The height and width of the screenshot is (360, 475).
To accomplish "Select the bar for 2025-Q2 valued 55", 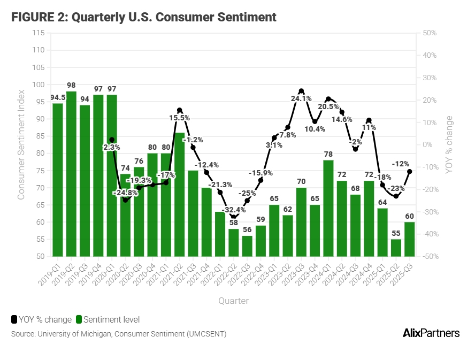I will [x=396, y=248].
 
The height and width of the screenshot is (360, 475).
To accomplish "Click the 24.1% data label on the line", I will [x=301, y=98].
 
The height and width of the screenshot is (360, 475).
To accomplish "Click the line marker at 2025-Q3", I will [x=409, y=172].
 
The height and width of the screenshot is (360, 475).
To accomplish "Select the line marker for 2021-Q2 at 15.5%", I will [x=180, y=110].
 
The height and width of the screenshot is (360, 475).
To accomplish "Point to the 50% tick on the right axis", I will [x=430, y=33].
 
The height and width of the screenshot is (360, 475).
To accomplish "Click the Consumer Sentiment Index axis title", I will [x=21, y=144].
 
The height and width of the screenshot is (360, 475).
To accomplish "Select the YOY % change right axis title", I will [x=449, y=144].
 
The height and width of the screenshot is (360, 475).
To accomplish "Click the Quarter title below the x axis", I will [x=233, y=301].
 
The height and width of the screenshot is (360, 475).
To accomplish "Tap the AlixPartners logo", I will [x=431, y=333].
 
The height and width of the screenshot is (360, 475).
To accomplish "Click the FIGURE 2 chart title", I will [x=144, y=17].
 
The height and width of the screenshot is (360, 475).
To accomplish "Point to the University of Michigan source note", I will [x=118, y=334].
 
